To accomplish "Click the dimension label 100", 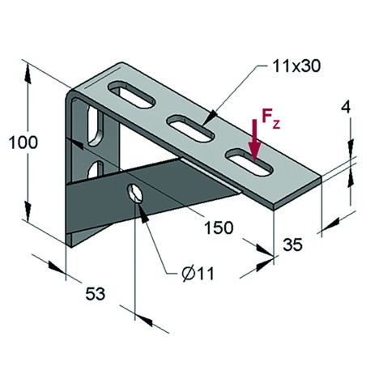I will (x=22, y=143).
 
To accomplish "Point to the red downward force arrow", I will (x=256, y=142).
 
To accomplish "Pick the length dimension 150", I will (x=215, y=228).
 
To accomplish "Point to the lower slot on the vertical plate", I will (x=97, y=168).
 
